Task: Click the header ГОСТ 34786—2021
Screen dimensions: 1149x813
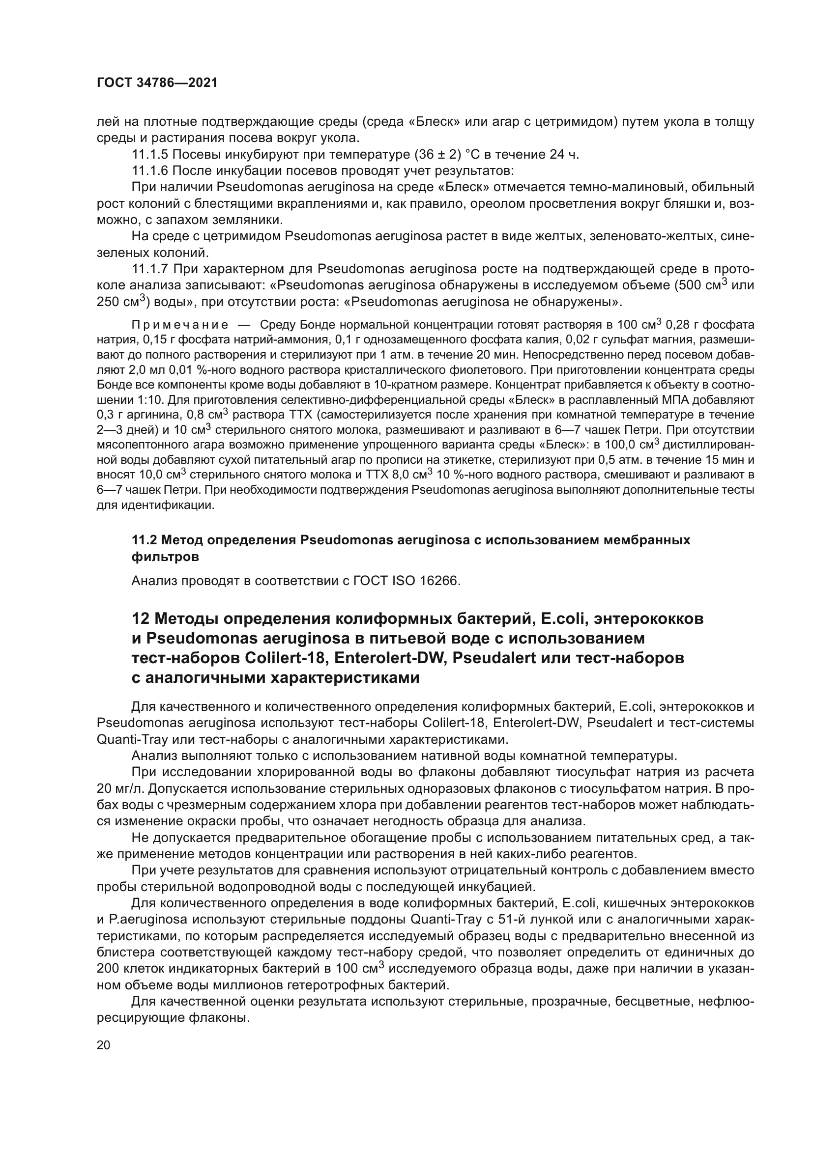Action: pos(157,83)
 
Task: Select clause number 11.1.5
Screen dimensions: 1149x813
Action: pos(150,155)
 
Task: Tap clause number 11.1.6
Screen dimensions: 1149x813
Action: pos(150,171)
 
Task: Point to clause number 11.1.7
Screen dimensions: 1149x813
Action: pos(150,269)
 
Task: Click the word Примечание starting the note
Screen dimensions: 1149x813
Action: pos(180,325)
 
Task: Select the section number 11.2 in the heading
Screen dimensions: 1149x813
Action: pos(145,540)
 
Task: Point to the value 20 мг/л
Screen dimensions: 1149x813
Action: pos(120,789)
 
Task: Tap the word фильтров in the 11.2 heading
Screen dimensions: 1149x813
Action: pos(165,557)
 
